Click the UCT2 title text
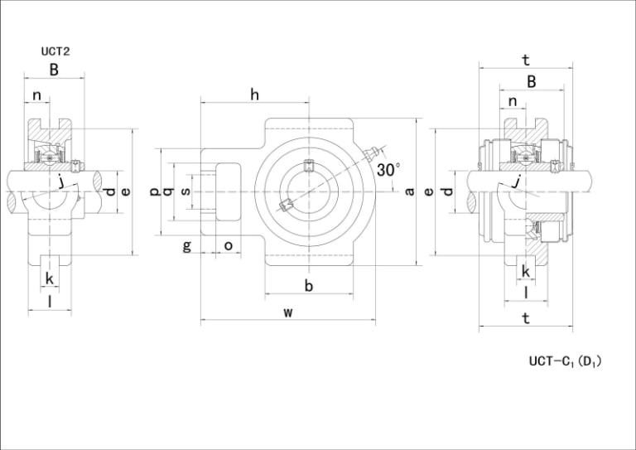pyautogui.click(x=55, y=51)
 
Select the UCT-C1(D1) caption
pyautogui.click(x=565, y=361)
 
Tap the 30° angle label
pyautogui.click(x=388, y=170)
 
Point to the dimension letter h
pyautogui.click(x=254, y=94)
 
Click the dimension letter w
pyautogui.click(x=288, y=312)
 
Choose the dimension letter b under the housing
pyautogui.click(x=309, y=286)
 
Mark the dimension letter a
pyautogui.click(x=410, y=191)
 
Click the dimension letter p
pyautogui.click(x=155, y=191)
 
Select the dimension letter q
pyautogui.click(x=167, y=191)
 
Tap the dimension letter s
pyautogui.click(x=185, y=191)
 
